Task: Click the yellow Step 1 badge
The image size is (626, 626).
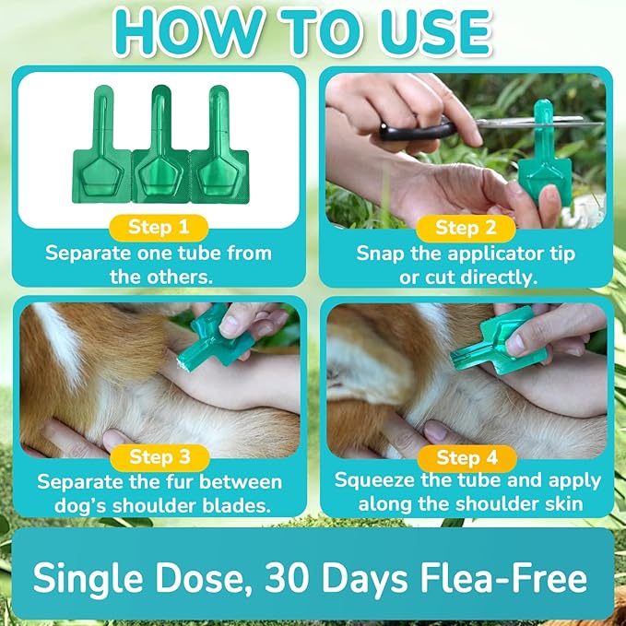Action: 159,227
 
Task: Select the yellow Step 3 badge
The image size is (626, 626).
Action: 159,457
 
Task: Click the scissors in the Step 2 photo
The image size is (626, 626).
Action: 433,129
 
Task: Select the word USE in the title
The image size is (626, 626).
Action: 433,32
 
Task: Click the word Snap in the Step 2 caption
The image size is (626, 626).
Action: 379,254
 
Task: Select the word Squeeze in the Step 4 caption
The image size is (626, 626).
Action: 374,480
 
